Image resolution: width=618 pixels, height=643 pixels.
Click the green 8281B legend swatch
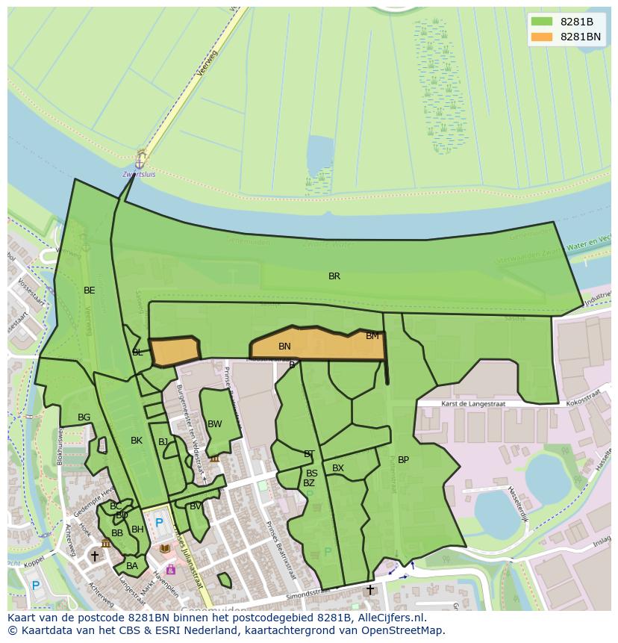(x=541, y=22)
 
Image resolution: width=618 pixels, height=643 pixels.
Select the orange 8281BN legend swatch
(x=541, y=37)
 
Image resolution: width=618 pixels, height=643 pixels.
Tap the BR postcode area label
(x=334, y=276)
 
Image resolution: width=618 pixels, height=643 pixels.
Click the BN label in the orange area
(x=284, y=347)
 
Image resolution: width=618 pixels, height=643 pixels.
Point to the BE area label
(x=90, y=291)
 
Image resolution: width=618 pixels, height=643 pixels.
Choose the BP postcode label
(x=403, y=460)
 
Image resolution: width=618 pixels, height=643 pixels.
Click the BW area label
(x=215, y=424)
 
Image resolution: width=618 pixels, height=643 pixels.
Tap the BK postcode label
(x=137, y=441)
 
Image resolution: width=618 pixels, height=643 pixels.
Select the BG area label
(x=84, y=417)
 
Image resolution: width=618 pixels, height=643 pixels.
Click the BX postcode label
(x=338, y=468)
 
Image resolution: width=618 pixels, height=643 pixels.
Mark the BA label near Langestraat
(x=132, y=566)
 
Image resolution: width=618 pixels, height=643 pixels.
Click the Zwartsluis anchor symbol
(x=140, y=161)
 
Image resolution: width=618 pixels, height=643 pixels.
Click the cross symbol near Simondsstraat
(x=369, y=589)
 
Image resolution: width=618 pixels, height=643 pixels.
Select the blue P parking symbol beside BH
(x=158, y=523)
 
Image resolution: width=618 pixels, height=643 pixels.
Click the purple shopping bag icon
(x=171, y=570)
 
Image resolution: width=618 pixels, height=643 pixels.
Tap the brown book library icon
(x=165, y=549)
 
